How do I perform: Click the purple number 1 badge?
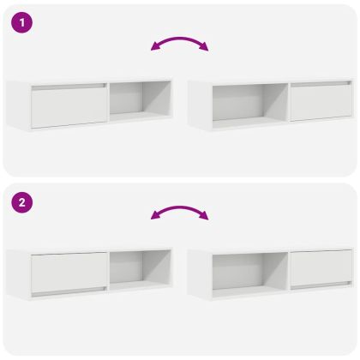[x=22, y=22]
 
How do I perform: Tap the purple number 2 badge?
[x=22, y=202]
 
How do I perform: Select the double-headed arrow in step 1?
[x=180, y=39]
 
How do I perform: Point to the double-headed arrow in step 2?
[x=180, y=208]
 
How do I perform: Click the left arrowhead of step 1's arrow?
[x=155, y=46]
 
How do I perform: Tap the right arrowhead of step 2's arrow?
[x=204, y=215]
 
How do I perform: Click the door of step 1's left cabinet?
[x=69, y=105]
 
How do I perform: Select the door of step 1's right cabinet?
[x=321, y=101]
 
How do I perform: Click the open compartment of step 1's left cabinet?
[x=141, y=101]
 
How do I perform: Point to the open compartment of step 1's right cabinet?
[x=250, y=105]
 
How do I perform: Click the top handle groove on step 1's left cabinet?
[x=69, y=87]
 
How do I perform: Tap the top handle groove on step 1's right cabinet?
[x=321, y=84]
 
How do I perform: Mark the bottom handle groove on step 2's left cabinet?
[x=69, y=291]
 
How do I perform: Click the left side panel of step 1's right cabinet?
[x=200, y=105]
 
